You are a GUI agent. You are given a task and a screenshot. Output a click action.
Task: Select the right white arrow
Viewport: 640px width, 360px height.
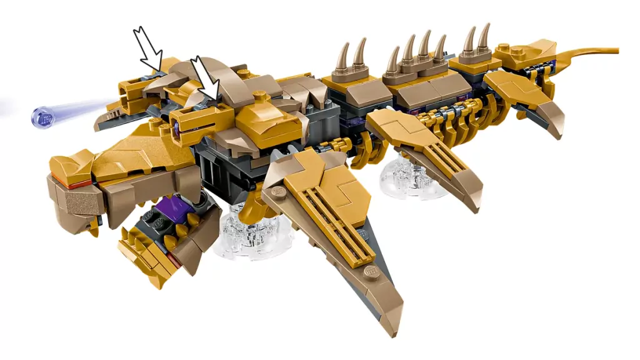[206, 77]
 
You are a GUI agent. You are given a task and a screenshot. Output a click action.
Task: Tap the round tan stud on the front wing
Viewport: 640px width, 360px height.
[372, 272]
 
